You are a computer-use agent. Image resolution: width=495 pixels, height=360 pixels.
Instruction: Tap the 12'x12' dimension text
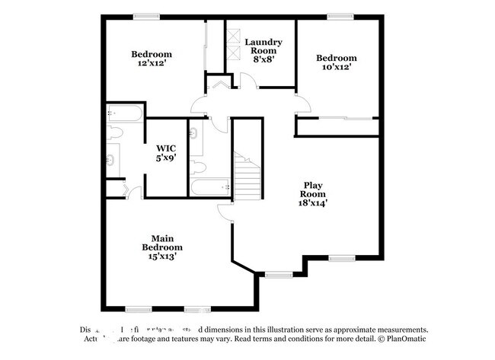point(151,64)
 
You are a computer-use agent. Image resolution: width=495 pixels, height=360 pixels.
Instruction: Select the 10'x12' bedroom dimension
point(336,68)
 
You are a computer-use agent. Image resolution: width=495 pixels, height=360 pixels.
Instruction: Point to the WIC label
point(166,148)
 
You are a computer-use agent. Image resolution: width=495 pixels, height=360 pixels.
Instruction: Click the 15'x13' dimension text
point(162,257)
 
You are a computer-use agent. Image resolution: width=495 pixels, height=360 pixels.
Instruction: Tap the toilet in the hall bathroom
point(196,165)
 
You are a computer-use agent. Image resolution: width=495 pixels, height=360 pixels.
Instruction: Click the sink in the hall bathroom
point(194,135)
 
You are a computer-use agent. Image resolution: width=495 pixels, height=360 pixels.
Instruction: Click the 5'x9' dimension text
point(166,158)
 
